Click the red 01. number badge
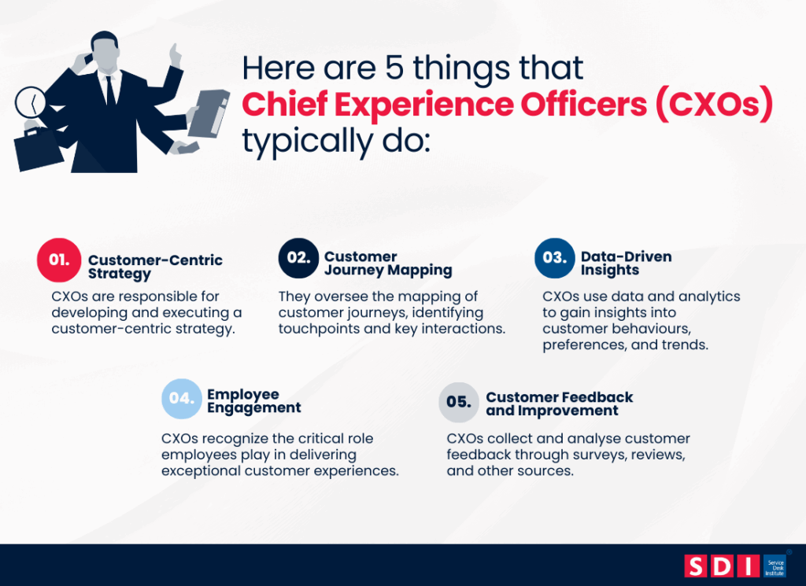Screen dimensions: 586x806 [59, 260]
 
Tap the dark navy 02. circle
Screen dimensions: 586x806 [299, 258]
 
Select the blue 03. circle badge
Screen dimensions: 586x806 [554, 258]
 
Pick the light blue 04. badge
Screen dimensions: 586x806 [182, 399]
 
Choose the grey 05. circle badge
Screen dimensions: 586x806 [458, 402]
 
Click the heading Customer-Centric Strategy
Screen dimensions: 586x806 [155, 267]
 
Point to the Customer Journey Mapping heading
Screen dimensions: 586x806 [388, 264]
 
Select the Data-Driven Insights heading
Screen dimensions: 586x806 [626, 264]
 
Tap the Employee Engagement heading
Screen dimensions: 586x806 [253, 400]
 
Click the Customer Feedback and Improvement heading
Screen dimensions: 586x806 [559, 404]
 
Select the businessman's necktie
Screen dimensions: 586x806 [110, 90]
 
